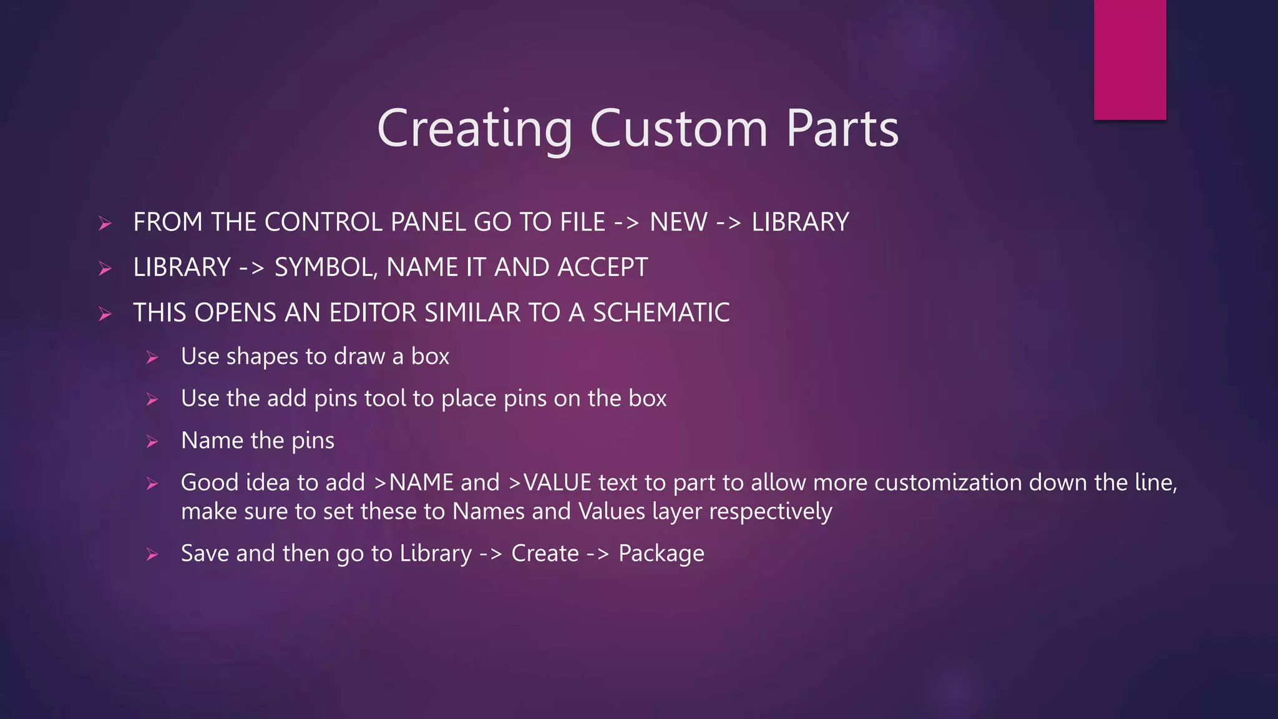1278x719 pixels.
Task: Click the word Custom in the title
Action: click(x=678, y=129)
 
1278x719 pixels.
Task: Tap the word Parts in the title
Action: click(x=842, y=129)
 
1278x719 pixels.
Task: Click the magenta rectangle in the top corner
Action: click(x=1129, y=59)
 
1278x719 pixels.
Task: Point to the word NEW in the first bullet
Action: click(x=678, y=222)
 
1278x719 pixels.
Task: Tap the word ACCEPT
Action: click(x=602, y=268)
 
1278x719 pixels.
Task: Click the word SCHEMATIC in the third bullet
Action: click(x=661, y=313)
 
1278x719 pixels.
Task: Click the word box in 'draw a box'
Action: click(x=430, y=356)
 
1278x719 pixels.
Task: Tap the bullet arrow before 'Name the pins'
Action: click(x=152, y=442)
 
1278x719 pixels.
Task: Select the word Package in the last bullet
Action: click(x=661, y=554)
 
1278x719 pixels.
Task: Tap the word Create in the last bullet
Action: click(x=545, y=554)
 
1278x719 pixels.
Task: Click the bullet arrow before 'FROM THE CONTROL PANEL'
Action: click(x=105, y=223)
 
